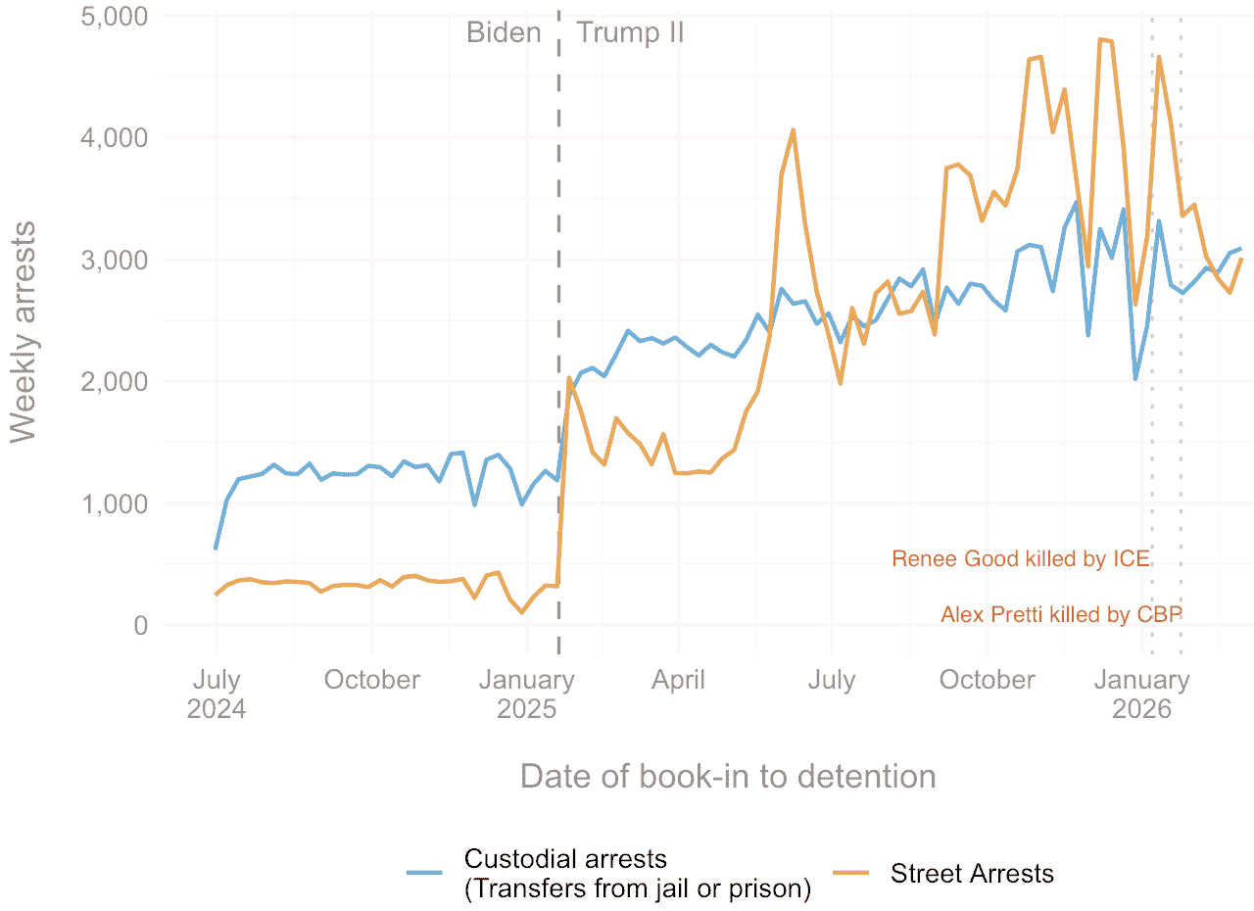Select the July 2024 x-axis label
pos(217,694)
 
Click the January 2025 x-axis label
pos(526,694)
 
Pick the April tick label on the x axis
pos(678,680)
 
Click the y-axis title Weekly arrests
pos(24,333)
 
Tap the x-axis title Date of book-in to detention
pos(727,777)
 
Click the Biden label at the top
pos(504,33)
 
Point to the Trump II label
pos(630,33)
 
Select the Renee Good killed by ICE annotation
pos(1020,559)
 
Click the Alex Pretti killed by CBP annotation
pos(1061,615)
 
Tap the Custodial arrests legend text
pos(637,874)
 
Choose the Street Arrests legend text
pos(972,874)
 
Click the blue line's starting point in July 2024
pos(216,549)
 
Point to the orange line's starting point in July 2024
pos(216,595)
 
